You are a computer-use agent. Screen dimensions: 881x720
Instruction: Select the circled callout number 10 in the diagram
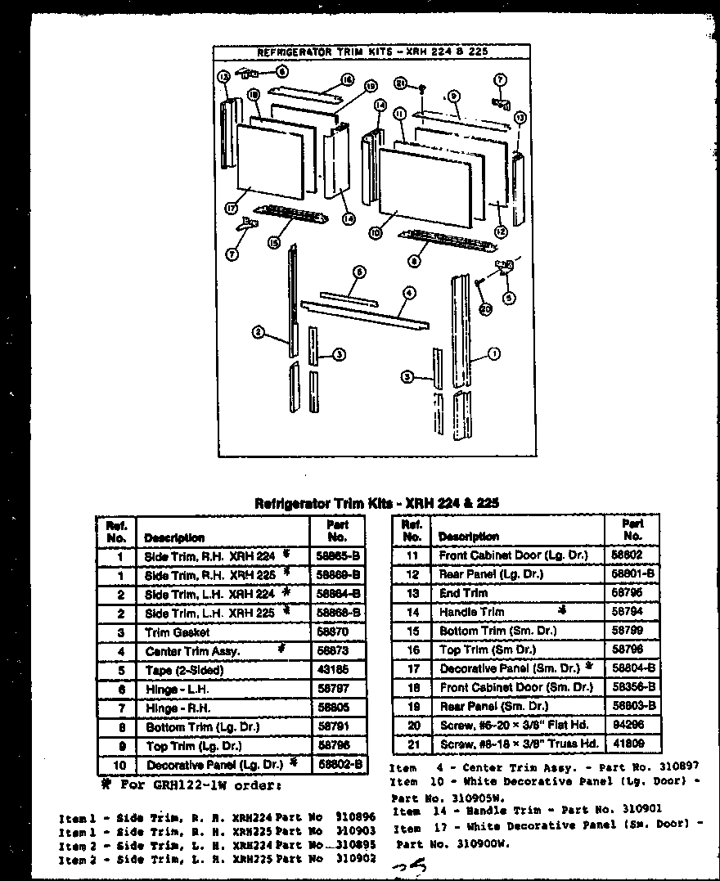click(x=376, y=232)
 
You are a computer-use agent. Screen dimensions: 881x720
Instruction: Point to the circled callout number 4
click(x=409, y=292)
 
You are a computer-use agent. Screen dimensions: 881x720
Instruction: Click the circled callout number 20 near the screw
click(x=486, y=309)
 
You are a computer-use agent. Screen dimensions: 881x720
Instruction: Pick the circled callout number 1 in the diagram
click(x=493, y=353)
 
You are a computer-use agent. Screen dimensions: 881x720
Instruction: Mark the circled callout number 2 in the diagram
click(x=259, y=332)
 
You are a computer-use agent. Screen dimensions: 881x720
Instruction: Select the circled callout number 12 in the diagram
click(x=501, y=231)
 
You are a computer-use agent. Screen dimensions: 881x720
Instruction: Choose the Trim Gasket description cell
click(x=178, y=632)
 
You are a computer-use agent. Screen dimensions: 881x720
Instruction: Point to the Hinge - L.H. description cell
click(x=177, y=690)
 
